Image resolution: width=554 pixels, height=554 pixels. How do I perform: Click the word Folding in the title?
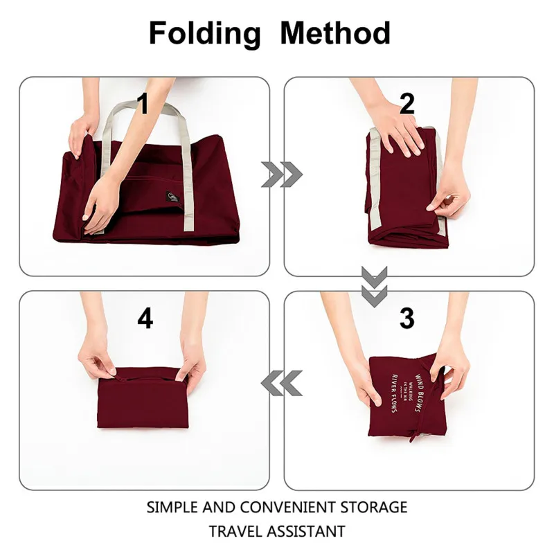204,33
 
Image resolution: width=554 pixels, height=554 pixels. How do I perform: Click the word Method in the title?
335,33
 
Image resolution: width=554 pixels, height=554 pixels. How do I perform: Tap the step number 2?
407,104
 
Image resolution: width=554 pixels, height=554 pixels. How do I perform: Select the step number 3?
407,318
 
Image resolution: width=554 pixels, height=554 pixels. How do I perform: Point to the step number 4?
145,318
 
